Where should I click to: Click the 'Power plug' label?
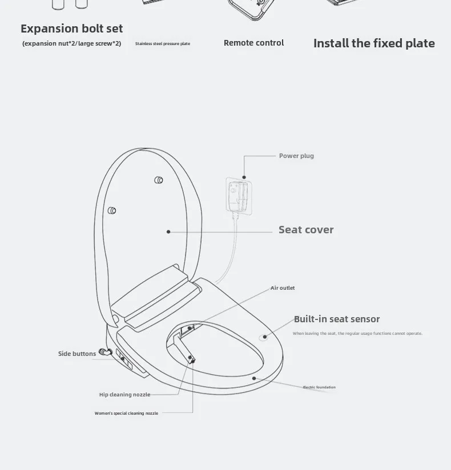coord(296,156)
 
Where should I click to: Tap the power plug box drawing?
coord(239,196)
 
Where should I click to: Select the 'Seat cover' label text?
coord(306,230)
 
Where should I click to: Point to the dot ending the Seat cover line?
coord(168,232)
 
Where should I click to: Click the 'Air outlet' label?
coord(283,287)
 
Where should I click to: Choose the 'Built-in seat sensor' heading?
coord(337,319)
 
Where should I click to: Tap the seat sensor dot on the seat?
coord(264,337)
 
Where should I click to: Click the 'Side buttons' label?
coord(77,354)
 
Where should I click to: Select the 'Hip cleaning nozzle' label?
coord(125,395)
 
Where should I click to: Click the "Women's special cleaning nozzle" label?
coord(126,413)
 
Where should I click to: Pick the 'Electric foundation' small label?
coord(319,387)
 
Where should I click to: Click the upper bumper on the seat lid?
coord(159,180)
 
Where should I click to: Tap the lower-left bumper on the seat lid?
coord(112,210)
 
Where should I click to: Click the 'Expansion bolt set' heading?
coord(72,29)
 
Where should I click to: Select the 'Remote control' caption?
coord(254,43)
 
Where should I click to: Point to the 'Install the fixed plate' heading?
coord(374,43)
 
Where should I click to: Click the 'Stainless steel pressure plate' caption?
coord(163,43)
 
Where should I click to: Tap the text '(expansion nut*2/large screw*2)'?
coord(72,43)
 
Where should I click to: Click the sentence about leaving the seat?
coord(357,333)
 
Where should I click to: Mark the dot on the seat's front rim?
coord(254,378)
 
